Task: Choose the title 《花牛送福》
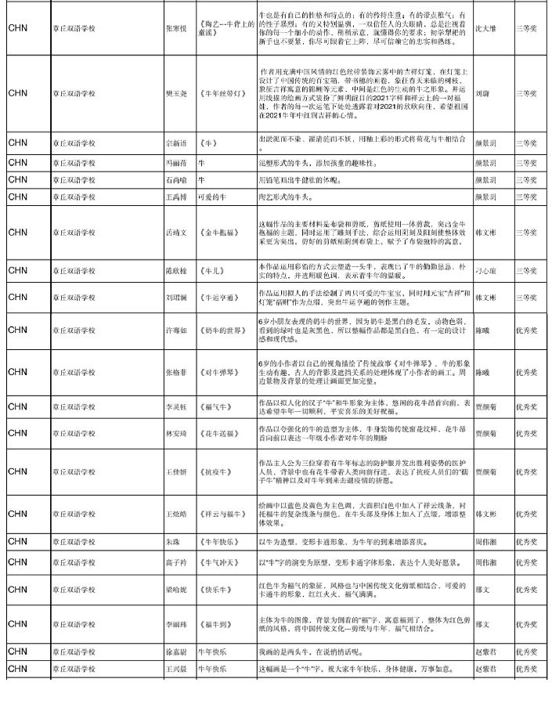click(218, 433)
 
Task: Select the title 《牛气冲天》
click(218, 563)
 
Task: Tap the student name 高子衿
click(175, 563)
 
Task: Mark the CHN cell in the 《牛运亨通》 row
click(17, 298)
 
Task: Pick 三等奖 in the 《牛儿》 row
click(525, 270)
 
